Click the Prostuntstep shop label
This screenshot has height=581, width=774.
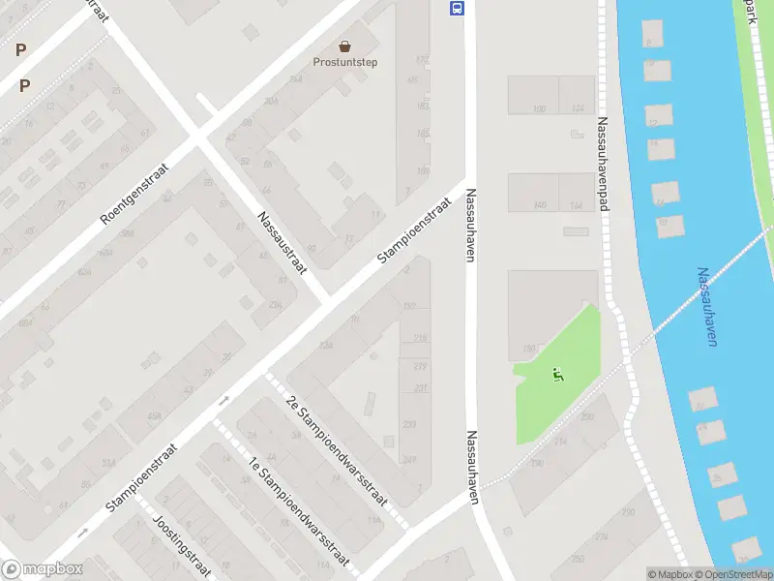344,62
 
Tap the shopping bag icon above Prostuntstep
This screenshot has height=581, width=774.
344,45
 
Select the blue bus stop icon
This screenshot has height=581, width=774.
456,9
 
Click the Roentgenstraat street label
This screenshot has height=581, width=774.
134,194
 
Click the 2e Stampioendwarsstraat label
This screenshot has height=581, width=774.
337,449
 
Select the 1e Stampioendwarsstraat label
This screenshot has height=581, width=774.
297,509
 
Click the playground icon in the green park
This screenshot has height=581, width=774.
556,374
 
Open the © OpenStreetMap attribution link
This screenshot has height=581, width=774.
732,574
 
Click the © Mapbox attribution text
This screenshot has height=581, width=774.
670,574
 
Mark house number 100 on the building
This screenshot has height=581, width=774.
539,108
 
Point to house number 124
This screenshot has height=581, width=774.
578,108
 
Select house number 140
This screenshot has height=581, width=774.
539,205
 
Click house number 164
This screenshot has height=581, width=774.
578,205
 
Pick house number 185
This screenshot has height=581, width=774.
423,133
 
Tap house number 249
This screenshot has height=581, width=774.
409,459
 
